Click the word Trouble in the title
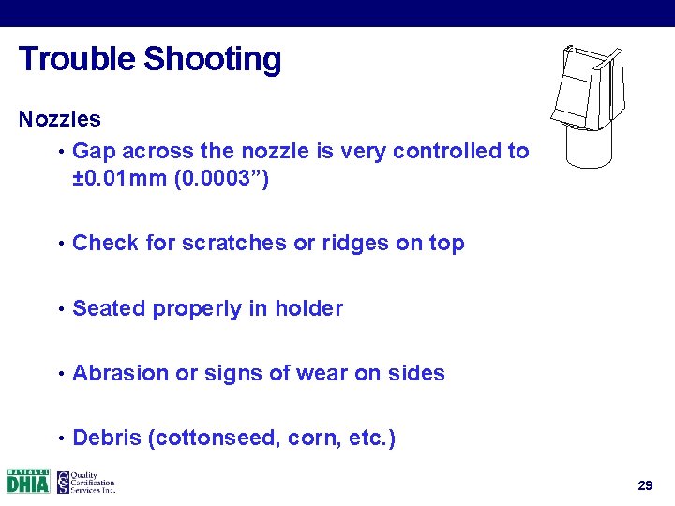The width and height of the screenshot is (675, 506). pyautogui.click(x=78, y=59)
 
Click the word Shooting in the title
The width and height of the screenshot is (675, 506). pyautogui.click(x=213, y=60)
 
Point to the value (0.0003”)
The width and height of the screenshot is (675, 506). pyautogui.click(x=224, y=179)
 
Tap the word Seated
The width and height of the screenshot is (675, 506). pyautogui.click(x=106, y=309)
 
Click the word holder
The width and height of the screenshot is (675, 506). pyautogui.click(x=309, y=309)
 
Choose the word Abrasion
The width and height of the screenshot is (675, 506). pyautogui.click(x=121, y=374)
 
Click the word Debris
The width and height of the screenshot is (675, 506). pyautogui.click(x=106, y=439)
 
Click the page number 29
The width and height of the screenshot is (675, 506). pyautogui.click(x=645, y=485)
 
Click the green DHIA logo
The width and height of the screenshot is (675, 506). pyautogui.click(x=28, y=482)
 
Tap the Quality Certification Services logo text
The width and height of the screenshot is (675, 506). pyautogui.click(x=94, y=482)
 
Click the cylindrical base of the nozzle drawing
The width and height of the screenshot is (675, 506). pyautogui.click(x=589, y=146)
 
